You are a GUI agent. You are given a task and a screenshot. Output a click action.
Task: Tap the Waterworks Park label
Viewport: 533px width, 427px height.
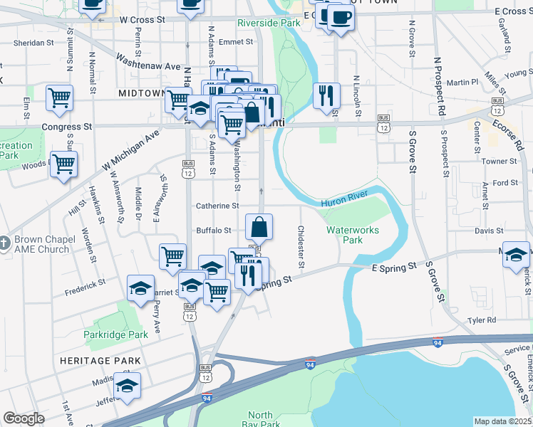pyautogui.click(x=353, y=235)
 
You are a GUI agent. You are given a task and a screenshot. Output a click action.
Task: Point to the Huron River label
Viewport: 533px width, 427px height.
pyautogui.click(x=343, y=203)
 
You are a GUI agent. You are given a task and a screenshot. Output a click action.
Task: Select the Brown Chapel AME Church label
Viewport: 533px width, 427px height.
pyautogui.click(x=44, y=244)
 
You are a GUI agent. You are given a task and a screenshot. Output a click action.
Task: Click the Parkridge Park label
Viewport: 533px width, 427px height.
pyautogui.click(x=115, y=334)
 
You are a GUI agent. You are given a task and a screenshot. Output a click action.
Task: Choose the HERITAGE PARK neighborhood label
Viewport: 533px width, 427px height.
pyautogui.click(x=100, y=361)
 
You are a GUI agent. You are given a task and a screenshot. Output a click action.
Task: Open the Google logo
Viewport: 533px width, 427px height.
pyautogui.click(x=24, y=418)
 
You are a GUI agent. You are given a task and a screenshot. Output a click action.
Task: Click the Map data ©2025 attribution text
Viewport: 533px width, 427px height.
pyautogui.click(x=503, y=421)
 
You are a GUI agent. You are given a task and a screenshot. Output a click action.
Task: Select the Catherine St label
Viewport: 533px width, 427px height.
pyautogui.click(x=217, y=206)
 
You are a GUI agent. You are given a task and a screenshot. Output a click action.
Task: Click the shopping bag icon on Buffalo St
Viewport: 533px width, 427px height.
pyautogui.click(x=259, y=228)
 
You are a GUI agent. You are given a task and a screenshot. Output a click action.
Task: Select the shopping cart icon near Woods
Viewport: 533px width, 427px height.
pyautogui.click(x=64, y=165)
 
